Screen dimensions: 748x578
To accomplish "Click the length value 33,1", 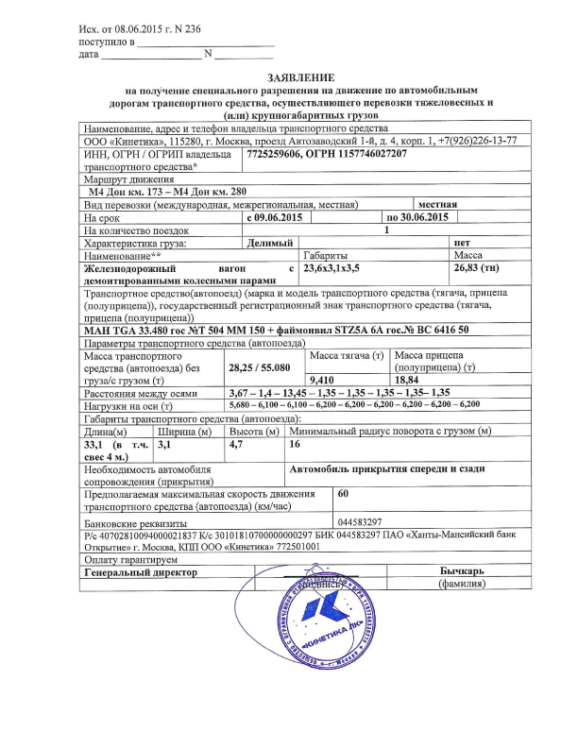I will pos(93,443).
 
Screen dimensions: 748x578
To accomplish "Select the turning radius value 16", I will pos(295,443).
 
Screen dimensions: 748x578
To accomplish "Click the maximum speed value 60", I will pos(344,493).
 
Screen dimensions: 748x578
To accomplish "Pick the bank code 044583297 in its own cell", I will pos(359,521).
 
